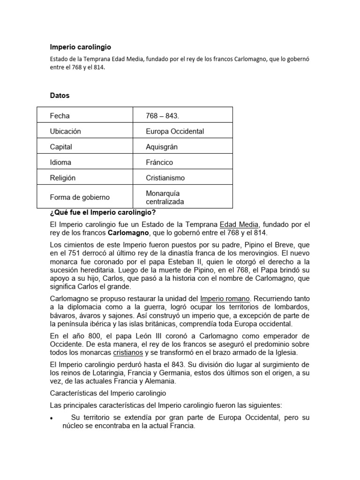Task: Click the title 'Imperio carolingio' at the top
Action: [81, 47]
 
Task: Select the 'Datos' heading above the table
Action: [60, 96]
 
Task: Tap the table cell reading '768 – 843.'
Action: [163, 116]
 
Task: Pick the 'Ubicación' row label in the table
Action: [65, 131]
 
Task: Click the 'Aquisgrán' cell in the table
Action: [162, 147]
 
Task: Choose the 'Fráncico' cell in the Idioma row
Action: [159, 162]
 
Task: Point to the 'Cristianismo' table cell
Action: [165, 178]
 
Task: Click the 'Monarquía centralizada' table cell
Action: [165, 197]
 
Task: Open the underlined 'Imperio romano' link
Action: [225, 298]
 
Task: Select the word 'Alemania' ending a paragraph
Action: [155, 382]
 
